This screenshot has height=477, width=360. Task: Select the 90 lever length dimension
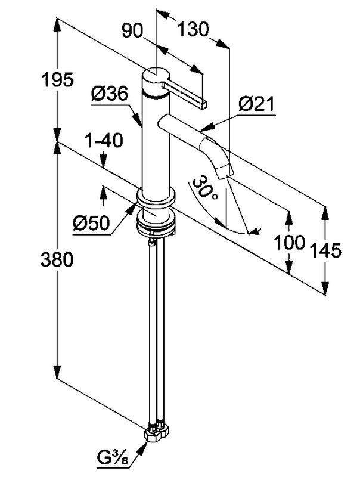click(132, 30)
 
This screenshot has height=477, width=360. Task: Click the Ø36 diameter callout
click(110, 94)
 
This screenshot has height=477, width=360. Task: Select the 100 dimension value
click(289, 243)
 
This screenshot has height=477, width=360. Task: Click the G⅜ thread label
click(113, 460)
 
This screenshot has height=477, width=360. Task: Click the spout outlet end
click(224, 173)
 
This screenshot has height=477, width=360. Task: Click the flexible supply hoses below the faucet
click(155, 334)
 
